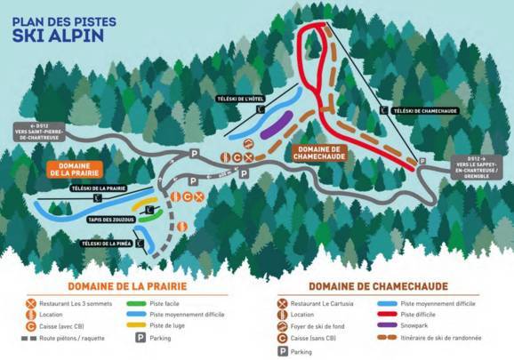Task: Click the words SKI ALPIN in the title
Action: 53,36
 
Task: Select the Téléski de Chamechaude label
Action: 421,109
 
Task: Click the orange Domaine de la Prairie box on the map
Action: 72,169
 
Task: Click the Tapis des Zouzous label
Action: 111,219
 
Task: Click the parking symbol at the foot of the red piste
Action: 422,161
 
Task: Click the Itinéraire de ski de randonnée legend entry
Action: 443,338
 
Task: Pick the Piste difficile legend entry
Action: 422,315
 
